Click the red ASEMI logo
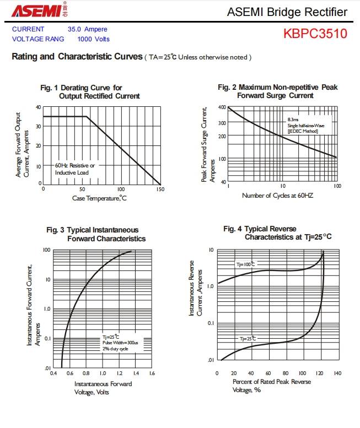coord(34,11)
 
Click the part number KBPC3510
coord(315,34)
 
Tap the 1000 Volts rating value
coord(93,39)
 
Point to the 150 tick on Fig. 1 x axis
coord(160,189)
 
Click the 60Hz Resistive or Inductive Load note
coord(74,169)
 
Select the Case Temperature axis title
coord(99,198)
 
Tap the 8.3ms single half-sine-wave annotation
coord(306,125)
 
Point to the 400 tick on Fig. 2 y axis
coord(222,108)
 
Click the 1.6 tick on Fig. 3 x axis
coord(152,373)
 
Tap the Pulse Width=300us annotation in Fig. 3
coord(120,343)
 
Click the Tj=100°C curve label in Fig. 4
coord(246,264)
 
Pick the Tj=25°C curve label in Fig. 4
coord(246,339)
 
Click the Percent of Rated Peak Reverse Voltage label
coord(271,386)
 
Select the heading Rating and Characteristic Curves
coord(77,57)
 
